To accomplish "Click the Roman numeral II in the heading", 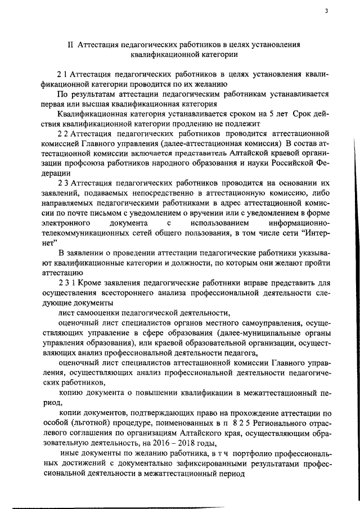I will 71,44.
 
